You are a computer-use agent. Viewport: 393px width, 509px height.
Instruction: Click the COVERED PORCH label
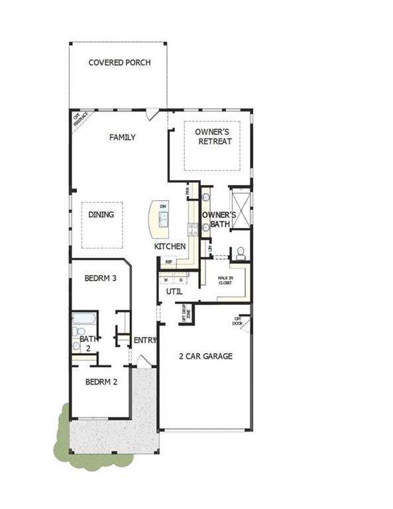click(x=120, y=63)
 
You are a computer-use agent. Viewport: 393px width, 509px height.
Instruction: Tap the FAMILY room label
click(x=123, y=137)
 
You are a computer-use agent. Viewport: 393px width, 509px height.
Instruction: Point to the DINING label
click(x=101, y=215)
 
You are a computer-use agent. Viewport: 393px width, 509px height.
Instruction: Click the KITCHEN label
click(x=170, y=247)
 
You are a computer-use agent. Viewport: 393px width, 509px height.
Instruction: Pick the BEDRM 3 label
click(x=101, y=278)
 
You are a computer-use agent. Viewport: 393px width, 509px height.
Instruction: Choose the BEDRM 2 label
click(x=101, y=382)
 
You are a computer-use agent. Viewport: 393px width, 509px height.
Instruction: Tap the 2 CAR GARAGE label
click(x=205, y=357)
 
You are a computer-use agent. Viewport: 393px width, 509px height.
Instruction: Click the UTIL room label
click(x=174, y=291)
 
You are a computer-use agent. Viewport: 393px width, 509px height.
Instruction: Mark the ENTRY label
click(x=145, y=341)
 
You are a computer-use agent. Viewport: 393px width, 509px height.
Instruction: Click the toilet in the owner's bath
click(x=241, y=253)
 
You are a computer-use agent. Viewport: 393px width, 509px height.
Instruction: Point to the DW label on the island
click(x=163, y=207)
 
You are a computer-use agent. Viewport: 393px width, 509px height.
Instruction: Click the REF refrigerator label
click(x=169, y=262)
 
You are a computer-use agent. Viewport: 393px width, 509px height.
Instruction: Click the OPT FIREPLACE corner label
click(x=80, y=120)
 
